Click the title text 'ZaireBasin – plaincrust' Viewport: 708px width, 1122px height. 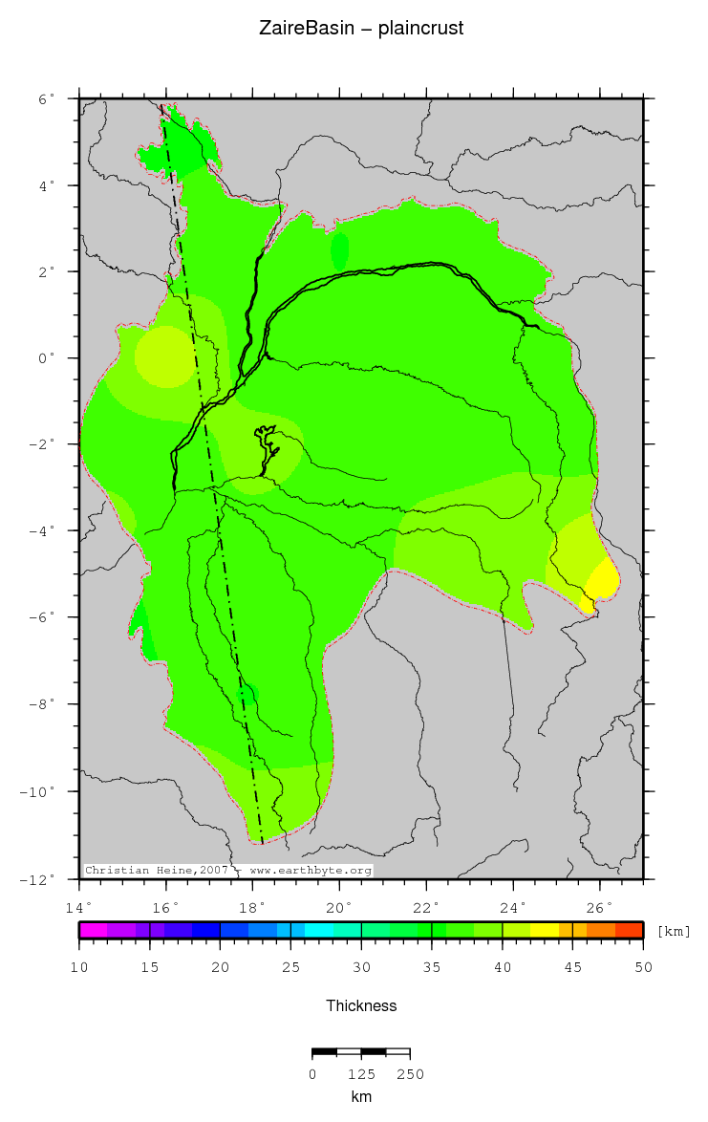tap(361, 29)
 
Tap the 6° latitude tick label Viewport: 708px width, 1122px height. tap(46, 98)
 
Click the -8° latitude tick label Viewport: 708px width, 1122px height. tap(43, 705)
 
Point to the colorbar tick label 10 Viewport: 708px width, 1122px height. tap(79, 968)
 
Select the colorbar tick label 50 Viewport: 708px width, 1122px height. tap(643, 968)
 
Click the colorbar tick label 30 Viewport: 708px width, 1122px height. tap(361, 968)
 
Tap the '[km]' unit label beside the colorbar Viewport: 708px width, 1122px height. tap(674, 931)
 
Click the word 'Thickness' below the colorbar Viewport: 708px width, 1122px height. tap(361, 1005)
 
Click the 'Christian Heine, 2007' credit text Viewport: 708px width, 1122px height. tap(159, 871)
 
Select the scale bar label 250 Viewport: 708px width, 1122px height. tap(410, 1074)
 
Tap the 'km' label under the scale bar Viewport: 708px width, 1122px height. tap(361, 1097)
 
